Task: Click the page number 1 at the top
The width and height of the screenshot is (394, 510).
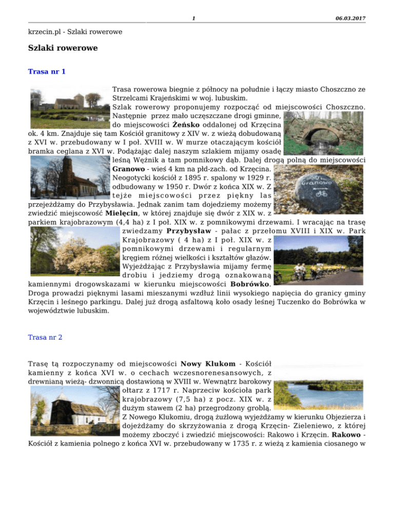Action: [192, 19]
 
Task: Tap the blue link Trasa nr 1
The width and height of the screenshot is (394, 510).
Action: [47, 72]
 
